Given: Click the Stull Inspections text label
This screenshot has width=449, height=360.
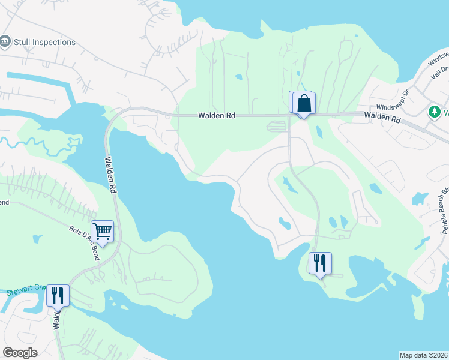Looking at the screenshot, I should (x=46, y=43).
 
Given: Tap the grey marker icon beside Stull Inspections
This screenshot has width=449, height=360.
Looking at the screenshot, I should (x=6, y=42).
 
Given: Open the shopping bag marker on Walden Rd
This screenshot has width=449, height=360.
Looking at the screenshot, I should (x=304, y=103).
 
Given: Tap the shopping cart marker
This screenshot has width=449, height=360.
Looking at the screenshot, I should (x=103, y=230).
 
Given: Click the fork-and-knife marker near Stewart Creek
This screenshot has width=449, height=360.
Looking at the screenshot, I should (x=58, y=295).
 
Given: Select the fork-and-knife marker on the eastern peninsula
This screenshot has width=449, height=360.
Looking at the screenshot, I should (x=319, y=263).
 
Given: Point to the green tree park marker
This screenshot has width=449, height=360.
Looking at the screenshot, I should (x=434, y=112).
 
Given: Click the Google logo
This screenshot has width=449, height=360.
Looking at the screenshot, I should (x=20, y=352).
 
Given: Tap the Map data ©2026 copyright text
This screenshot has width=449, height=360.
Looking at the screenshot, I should (x=424, y=355).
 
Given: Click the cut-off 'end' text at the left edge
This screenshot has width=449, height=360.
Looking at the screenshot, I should (x=4, y=202).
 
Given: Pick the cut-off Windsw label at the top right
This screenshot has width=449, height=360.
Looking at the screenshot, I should (x=439, y=59).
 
